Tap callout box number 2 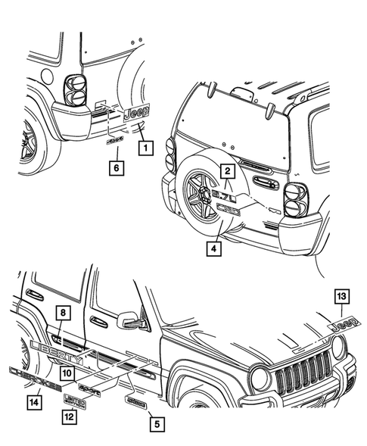225,171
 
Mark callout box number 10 67,373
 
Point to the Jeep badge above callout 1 137,114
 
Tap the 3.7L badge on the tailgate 225,195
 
